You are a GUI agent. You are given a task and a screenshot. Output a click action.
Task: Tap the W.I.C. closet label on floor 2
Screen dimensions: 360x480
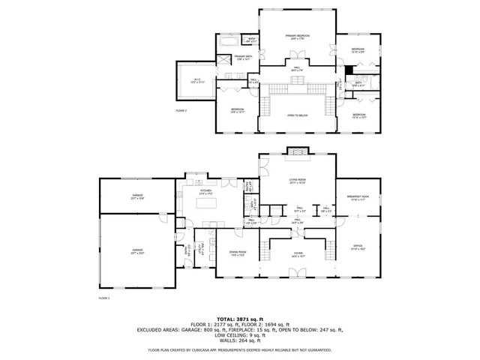[x=196, y=80]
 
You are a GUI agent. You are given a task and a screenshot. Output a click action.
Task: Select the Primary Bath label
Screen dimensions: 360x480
[x=242, y=58]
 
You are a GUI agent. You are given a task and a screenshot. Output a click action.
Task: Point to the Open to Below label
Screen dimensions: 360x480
[x=298, y=115]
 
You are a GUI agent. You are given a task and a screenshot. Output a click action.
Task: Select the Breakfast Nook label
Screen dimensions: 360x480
[x=358, y=197]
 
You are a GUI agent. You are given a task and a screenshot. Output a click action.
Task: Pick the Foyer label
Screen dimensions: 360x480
[x=298, y=255]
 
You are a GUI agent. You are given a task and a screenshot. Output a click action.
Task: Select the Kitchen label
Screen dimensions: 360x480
[x=205, y=192]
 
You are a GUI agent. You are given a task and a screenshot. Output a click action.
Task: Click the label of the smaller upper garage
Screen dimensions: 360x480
[x=137, y=197]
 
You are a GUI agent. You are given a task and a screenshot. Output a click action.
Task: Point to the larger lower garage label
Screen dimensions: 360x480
[x=137, y=251]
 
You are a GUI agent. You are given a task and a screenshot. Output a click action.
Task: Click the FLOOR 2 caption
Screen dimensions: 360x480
[x=181, y=110]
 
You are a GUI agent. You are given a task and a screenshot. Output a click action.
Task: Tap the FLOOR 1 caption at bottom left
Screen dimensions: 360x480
[x=104, y=298]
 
